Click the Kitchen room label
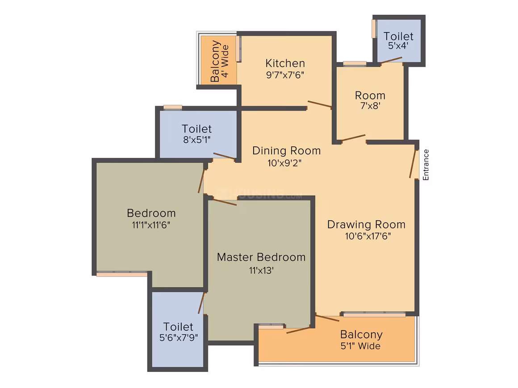coord(285,63)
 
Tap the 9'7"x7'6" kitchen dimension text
coord(285,75)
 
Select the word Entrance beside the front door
coord(426,165)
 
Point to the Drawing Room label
coord(366,224)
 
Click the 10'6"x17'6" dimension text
coord(368,236)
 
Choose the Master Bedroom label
coord(261,257)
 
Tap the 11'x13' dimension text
coord(261,271)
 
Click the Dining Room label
coord(286,151)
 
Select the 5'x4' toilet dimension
coord(398,46)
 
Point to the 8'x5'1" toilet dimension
coord(197,140)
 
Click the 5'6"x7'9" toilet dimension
coord(178,338)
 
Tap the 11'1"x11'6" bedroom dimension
coord(151,225)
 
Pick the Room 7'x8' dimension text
coord(370,106)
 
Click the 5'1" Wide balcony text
coord(360,346)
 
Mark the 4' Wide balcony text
coord(225,62)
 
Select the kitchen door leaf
coord(319,104)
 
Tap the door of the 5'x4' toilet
coord(391,60)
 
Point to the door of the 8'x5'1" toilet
coord(224,156)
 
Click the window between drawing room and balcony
coord(374,314)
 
